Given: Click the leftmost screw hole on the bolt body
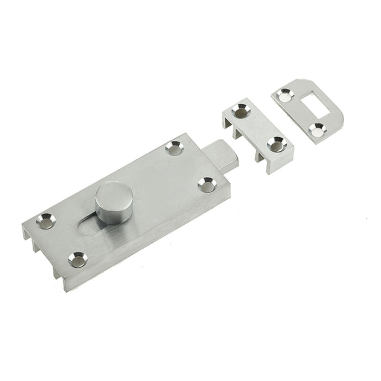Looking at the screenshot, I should click(46, 221).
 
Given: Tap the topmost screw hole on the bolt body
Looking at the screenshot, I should click(174, 148).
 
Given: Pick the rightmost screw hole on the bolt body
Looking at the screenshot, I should click(207, 185).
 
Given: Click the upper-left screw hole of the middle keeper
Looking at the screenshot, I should click(240, 112).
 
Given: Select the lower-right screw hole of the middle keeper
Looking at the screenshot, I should click(276, 144).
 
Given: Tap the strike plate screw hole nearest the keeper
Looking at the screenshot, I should click(284, 96).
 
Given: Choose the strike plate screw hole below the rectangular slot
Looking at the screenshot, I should click(316, 129).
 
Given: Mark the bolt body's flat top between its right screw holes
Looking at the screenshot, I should click(190, 166).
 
